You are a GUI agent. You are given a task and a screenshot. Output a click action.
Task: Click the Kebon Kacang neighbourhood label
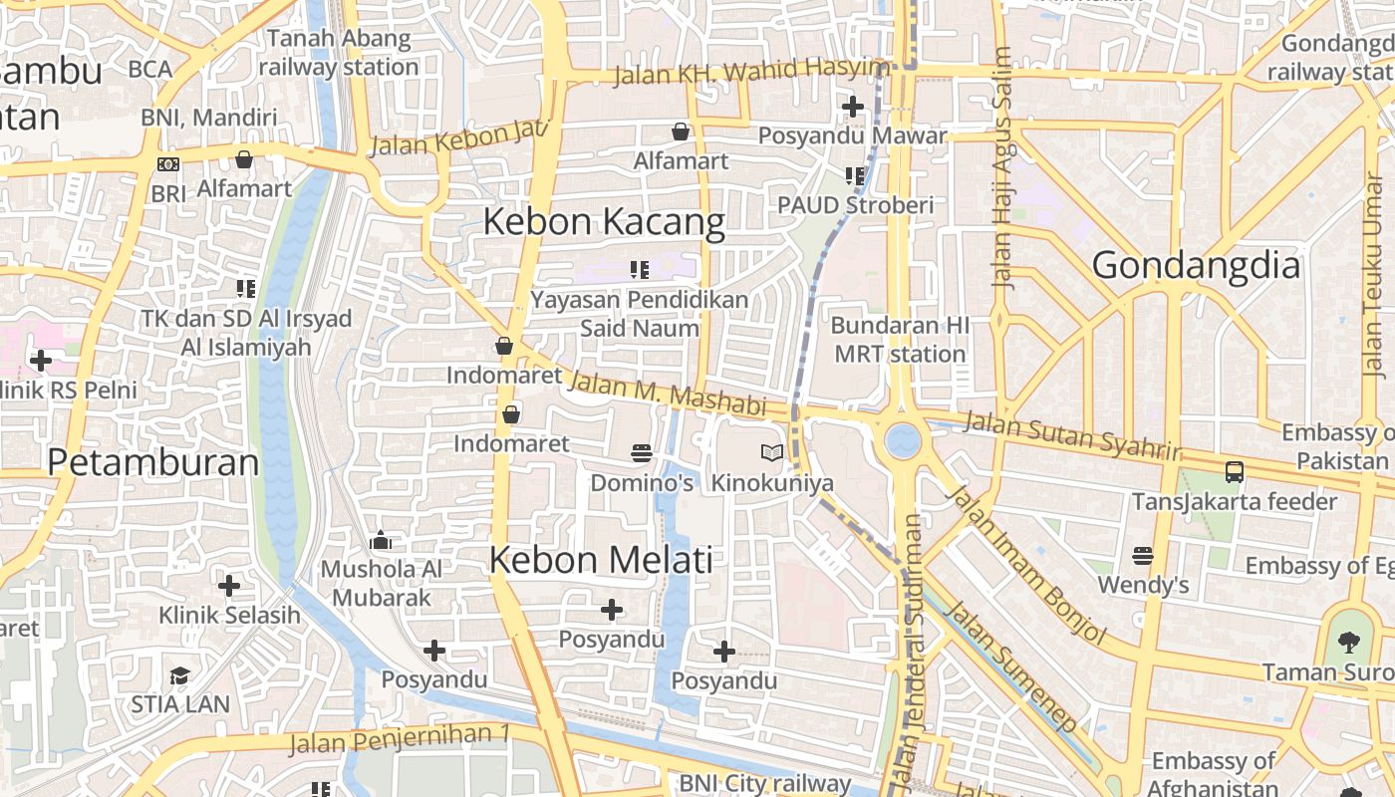pos(604,222)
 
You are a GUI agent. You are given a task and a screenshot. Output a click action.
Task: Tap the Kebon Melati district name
pos(601,560)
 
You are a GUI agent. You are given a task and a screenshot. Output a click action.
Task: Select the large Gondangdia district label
pos(1196,266)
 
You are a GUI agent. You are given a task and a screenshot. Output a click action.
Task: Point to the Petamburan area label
pos(152,462)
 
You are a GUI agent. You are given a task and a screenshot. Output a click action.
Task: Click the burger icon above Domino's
pos(642,453)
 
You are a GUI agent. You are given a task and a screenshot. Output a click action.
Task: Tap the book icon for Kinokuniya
pos(772,453)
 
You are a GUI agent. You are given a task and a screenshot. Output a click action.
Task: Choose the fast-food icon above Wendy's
pos(1143,555)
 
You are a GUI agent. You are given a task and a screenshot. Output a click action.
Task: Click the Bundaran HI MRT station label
pos(899,340)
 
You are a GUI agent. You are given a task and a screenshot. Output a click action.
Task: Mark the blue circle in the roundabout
pos(903,440)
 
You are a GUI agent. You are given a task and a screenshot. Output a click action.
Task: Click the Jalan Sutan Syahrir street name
pos(1072,435)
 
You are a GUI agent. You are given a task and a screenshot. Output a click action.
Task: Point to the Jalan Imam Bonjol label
pos(1027,563)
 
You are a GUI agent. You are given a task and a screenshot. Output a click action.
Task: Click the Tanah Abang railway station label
pos(339,53)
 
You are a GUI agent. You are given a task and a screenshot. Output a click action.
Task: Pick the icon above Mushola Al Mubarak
pos(381,541)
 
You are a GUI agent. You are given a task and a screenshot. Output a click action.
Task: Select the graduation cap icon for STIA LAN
pos(179,675)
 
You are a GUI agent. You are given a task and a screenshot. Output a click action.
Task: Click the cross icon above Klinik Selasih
pos(229,585)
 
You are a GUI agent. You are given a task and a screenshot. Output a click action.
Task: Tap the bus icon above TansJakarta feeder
pos(1234,472)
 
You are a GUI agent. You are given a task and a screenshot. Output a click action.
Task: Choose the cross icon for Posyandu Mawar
pos(853,106)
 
